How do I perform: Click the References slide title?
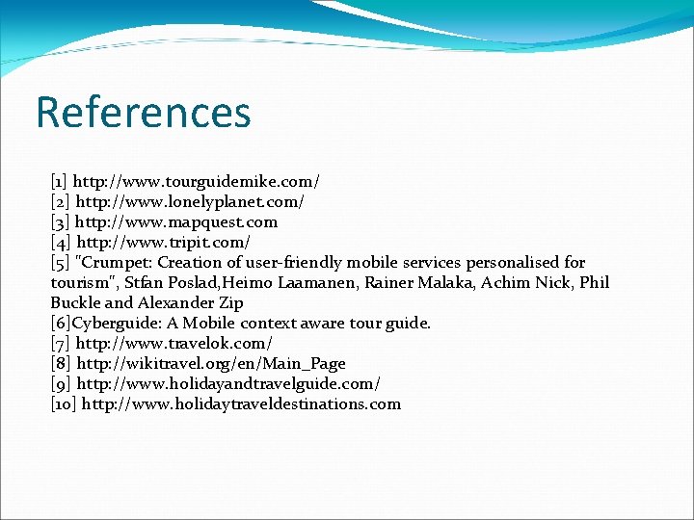(x=143, y=112)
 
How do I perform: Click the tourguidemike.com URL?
(x=196, y=181)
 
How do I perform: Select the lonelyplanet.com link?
(x=190, y=201)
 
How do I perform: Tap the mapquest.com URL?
(x=176, y=221)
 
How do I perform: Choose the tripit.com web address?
(x=163, y=242)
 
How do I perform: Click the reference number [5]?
(x=60, y=262)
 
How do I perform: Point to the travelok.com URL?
(x=174, y=343)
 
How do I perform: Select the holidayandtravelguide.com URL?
(x=235, y=383)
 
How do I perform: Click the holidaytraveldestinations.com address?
(x=241, y=403)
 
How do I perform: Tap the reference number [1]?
(x=59, y=181)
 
